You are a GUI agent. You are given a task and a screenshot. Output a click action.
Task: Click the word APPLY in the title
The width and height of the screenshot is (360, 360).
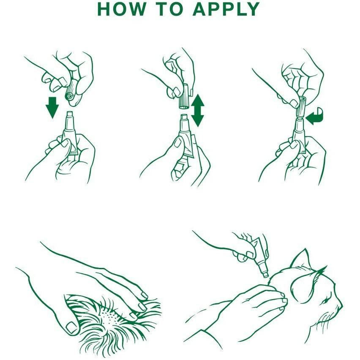[226, 9]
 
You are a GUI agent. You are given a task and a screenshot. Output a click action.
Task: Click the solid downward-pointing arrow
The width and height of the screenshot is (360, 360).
[52, 107]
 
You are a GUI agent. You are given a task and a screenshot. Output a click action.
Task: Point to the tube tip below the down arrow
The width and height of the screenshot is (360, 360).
[69, 116]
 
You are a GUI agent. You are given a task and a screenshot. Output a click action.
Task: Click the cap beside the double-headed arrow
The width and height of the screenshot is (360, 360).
[184, 97]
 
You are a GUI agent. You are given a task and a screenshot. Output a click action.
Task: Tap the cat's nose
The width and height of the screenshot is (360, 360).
[341, 305]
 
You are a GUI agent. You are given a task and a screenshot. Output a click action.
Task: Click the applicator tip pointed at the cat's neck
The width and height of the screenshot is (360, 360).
[266, 275]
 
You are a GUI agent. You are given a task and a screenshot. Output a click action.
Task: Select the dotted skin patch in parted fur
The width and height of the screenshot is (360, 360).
[110, 316]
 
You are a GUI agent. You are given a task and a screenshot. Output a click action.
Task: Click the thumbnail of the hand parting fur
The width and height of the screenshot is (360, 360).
[71, 327]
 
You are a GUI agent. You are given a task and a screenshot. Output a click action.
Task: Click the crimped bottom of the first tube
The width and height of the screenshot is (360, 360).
[74, 153]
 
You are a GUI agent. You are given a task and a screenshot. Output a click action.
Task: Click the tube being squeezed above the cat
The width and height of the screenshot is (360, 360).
[259, 255]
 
